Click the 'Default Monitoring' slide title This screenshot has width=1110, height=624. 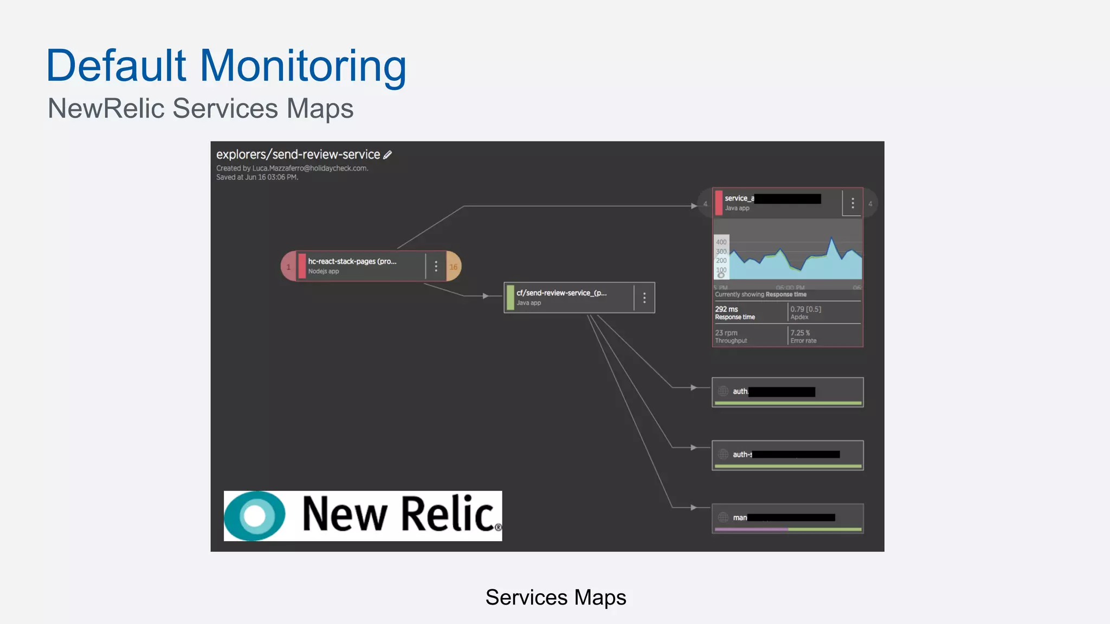(226, 66)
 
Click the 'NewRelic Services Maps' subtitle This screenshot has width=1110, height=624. (201, 108)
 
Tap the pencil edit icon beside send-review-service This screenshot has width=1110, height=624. (388, 155)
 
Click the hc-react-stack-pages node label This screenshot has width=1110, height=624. (352, 262)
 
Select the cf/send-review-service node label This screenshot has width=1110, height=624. (561, 293)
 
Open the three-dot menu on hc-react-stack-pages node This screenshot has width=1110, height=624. (436, 266)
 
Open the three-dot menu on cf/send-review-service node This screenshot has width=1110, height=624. (644, 297)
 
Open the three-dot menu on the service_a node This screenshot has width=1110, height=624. (853, 203)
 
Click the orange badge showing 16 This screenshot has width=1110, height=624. (454, 266)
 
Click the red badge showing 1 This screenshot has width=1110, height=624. (288, 266)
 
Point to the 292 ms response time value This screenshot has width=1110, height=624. (726, 309)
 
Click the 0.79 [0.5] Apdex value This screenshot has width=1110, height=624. (805, 309)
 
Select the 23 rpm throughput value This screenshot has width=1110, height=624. (726, 333)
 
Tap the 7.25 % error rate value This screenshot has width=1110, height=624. (800, 333)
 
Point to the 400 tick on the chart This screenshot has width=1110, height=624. (721, 242)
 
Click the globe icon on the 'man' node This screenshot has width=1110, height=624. (723, 517)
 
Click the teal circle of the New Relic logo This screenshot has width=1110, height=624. (255, 516)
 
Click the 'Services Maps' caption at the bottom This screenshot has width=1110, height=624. (556, 597)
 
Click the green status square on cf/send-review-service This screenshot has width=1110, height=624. (510, 297)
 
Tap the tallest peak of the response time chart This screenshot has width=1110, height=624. (831, 238)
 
